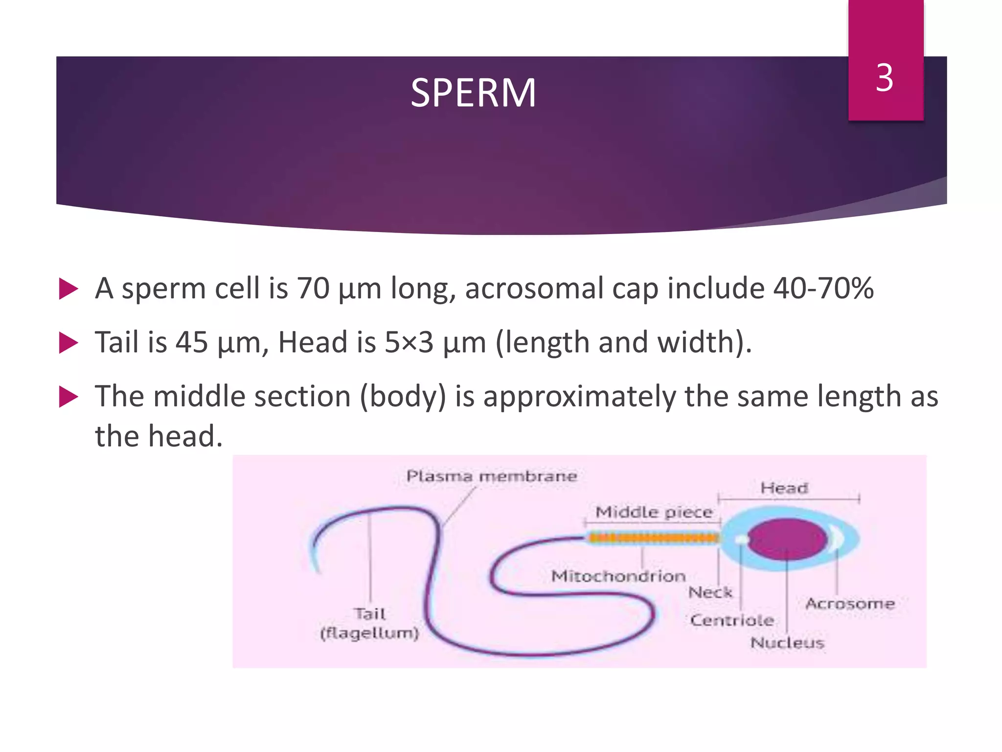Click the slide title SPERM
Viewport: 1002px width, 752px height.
pos(473,93)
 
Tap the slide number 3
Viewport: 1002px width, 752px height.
pos(885,78)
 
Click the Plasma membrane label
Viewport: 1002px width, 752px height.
pos(492,476)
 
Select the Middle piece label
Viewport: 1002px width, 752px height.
pos(654,512)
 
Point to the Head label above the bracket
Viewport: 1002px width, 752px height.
pos(784,488)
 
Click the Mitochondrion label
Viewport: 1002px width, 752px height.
pos(618,576)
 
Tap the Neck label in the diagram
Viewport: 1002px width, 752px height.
pos(710,592)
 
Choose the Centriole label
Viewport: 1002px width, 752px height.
pos(732,620)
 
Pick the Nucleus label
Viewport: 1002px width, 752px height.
pos(787,643)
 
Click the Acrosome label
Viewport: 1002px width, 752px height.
pos(850,604)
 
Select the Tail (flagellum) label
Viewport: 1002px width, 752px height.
pos(370,623)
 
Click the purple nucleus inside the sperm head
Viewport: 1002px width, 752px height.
pos(786,539)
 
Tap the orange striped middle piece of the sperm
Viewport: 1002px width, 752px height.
pos(653,539)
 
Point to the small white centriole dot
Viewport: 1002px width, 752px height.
pos(742,540)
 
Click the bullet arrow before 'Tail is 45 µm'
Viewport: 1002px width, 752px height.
pos(68,343)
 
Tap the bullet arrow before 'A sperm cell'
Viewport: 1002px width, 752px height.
pos(68,289)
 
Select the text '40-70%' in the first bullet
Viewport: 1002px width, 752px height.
pos(823,288)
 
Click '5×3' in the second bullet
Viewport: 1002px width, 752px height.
pos(409,342)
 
